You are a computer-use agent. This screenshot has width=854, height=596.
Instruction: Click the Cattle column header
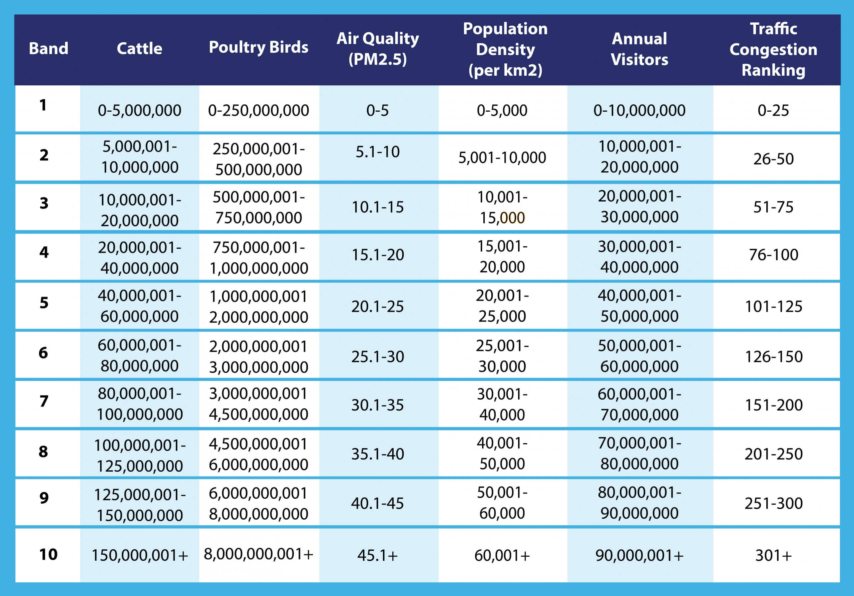(x=139, y=49)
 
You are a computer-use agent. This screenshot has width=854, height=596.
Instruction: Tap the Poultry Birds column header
(x=259, y=47)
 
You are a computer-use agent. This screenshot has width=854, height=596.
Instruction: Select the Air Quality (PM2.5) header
(x=378, y=49)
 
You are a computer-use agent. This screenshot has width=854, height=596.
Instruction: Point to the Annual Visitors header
(x=639, y=49)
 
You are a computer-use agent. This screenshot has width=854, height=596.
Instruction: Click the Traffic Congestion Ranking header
(x=773, y=49)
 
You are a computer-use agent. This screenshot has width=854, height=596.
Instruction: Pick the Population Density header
(x=505, y=49)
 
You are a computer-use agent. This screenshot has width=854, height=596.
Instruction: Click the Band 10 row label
(x=48, y=554)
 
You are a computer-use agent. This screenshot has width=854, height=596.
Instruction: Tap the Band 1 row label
(x=43, y=105)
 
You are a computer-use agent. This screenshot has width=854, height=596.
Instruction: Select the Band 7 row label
(x=44, y=401)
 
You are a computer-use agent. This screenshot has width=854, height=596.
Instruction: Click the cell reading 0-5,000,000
(x=139, y=110)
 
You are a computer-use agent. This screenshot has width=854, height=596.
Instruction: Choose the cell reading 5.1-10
(x=378, y=152)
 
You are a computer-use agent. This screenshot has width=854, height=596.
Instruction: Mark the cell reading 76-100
(x=773, y=255)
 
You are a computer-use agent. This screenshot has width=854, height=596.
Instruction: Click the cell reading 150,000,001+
(x=140, y=555)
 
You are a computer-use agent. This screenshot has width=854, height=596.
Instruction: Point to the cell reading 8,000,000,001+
(x=259, y=554)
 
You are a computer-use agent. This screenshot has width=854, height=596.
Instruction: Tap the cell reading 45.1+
(x=378, y=555)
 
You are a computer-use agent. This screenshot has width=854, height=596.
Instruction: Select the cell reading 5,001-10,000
(x=502, y=158)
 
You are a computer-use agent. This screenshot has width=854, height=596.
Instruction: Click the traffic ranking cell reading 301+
(x=773, y=555)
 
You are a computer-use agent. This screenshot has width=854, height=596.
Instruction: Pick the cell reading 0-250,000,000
(x=259, y=110)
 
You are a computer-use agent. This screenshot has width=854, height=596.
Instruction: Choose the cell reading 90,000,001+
(x=639, y=555)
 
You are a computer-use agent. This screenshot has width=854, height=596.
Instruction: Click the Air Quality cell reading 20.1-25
(x=378, y=307)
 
